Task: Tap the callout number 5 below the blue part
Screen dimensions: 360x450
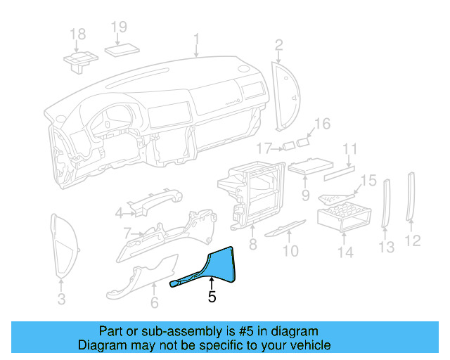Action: [x=212, y=297]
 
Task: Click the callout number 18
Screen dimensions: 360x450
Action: [x=78, y=34]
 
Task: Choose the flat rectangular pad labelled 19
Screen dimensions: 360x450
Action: [x=123, y=49]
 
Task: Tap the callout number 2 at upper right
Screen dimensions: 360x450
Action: [x=278, y=46]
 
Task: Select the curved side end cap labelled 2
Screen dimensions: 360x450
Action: [x=287, y=95]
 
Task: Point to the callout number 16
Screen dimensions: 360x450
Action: [x=321, y=124]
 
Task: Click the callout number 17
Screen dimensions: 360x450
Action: [x=264, y=148]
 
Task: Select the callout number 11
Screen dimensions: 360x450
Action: [x=350, y=149]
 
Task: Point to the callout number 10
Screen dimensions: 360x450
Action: [x=290, y=250]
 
